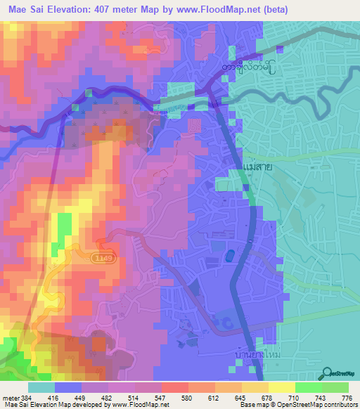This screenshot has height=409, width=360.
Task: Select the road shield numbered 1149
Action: click(101, 259)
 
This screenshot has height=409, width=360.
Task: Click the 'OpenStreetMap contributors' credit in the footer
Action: click(315, 404)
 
